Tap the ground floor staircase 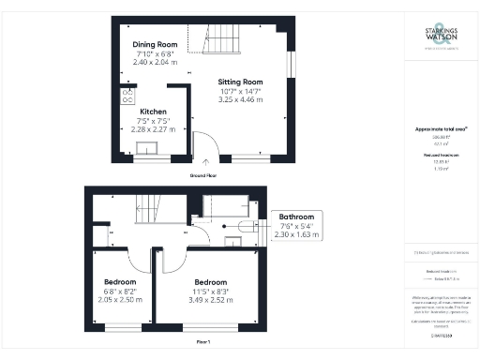point(222,39)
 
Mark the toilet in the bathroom point(247,226)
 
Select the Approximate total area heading point(440,128)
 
